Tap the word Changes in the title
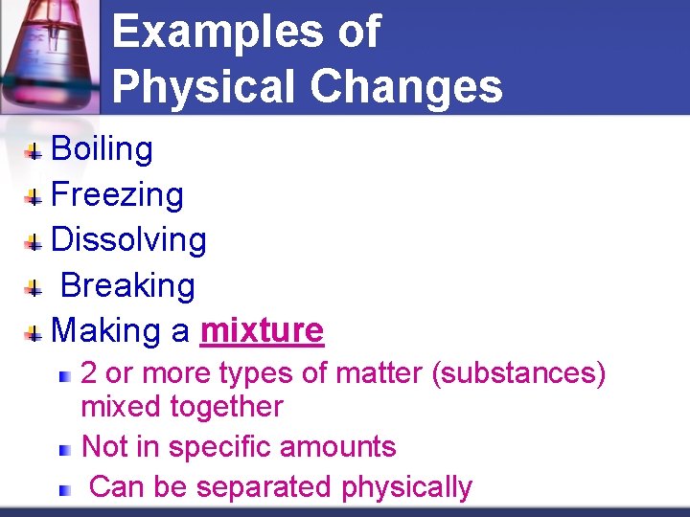[406, 86]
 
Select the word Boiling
[102, 149]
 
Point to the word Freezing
[117, 195]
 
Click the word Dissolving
[128, 240]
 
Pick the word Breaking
[127, 285]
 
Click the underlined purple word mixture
[262, 331]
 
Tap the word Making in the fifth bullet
[105, 331]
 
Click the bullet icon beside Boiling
[34, 151]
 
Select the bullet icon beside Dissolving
[34, 242]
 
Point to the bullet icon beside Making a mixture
[34, 333]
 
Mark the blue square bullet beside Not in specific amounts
[64, 449]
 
